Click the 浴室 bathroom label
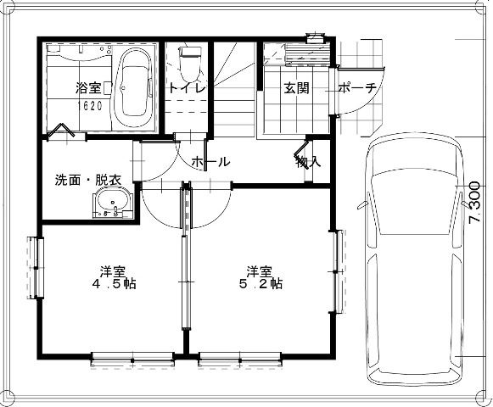tap(88, 88)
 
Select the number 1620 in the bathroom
tap(90, 106)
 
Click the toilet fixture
tap(189, 64)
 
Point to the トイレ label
tap(187, 88)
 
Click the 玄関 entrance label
tap(296, 88)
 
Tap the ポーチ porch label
tap(357, 88)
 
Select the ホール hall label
tap(211, 162)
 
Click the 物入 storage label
tap(308, 162)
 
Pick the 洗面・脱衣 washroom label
tap(88, 180)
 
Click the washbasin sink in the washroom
tap(113, 203)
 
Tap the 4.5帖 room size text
tap(114, 284)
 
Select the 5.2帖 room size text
tap(261, 284)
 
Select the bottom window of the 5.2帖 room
tap(240, 360)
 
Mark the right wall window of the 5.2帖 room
tap(339, 271)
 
